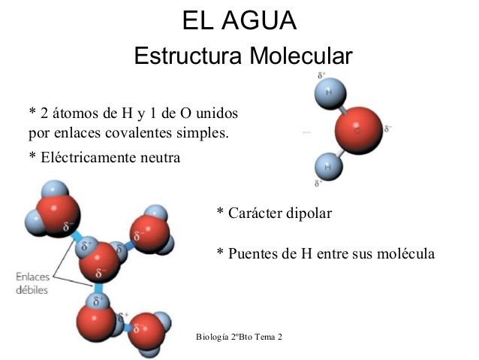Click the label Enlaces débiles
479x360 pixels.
32,283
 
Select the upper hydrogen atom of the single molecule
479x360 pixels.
329,93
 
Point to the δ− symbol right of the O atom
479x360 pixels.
388,129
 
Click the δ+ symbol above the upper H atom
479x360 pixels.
321,75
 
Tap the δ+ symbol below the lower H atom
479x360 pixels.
319,183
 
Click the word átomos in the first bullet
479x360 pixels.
75,113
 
